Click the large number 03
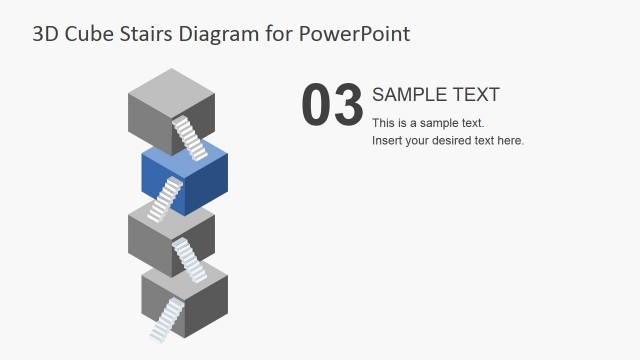[331, 105]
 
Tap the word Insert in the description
[388, 141]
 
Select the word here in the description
[509, 141]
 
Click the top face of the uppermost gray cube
[172, 84]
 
